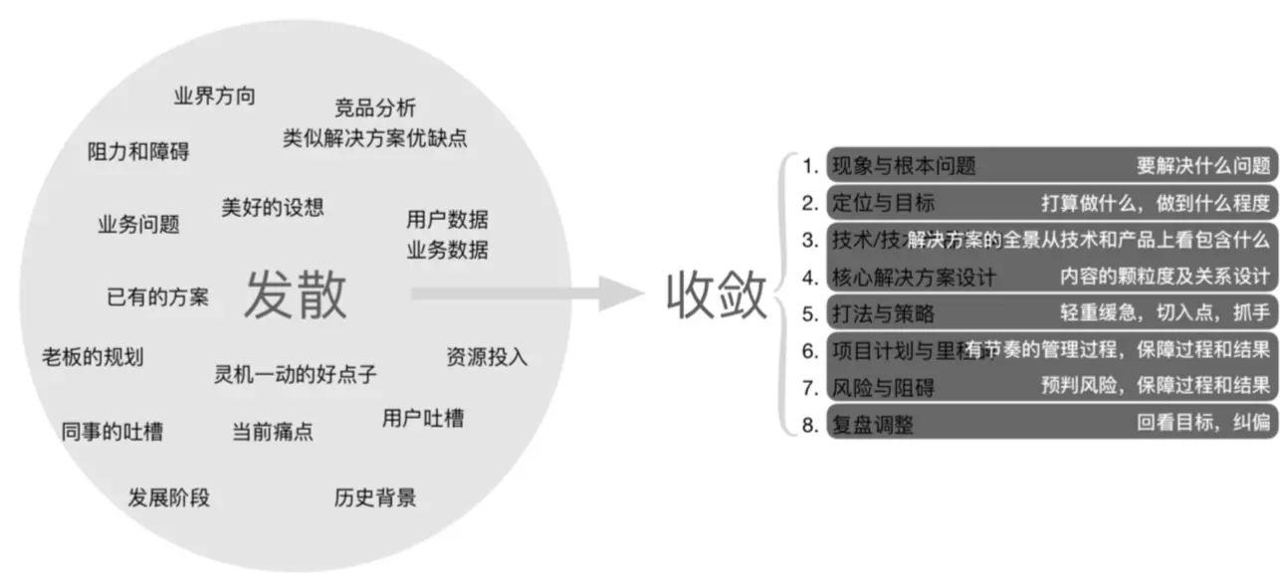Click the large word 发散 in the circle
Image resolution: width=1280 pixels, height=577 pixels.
[x=296, y=294]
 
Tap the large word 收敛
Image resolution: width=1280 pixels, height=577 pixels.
[x=717, y=294]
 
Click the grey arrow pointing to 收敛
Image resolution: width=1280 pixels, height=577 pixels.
[x=528, y=294]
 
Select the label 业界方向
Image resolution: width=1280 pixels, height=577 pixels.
[x=214, y=96]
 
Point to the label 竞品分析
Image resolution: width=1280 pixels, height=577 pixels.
[x=375, y=107]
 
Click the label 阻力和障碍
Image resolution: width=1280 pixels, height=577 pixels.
[x=138, y=152]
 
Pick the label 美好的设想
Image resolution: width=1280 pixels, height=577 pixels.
[x=272, y=207]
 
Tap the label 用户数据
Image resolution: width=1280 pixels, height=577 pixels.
[x=447, y=220]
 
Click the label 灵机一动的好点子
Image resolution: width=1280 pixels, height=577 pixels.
[x=296, y=375]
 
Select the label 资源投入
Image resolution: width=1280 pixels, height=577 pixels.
[x=487, y=356]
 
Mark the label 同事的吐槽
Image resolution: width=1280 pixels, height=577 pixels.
[x=112, y=432]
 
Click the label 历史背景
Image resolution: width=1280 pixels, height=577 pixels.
[x=375, y=497]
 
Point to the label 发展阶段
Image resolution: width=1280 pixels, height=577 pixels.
[x=169, y=497]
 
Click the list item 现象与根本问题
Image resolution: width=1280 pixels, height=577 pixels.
[x=904, y=166]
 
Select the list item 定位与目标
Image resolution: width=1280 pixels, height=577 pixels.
[x=883, y=203]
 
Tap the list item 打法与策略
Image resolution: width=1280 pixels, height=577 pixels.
[x=883, y=313]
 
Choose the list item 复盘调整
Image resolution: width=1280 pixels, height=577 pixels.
[x=872, y=425]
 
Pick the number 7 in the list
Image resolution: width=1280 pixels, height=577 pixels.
[x=810, y=387]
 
